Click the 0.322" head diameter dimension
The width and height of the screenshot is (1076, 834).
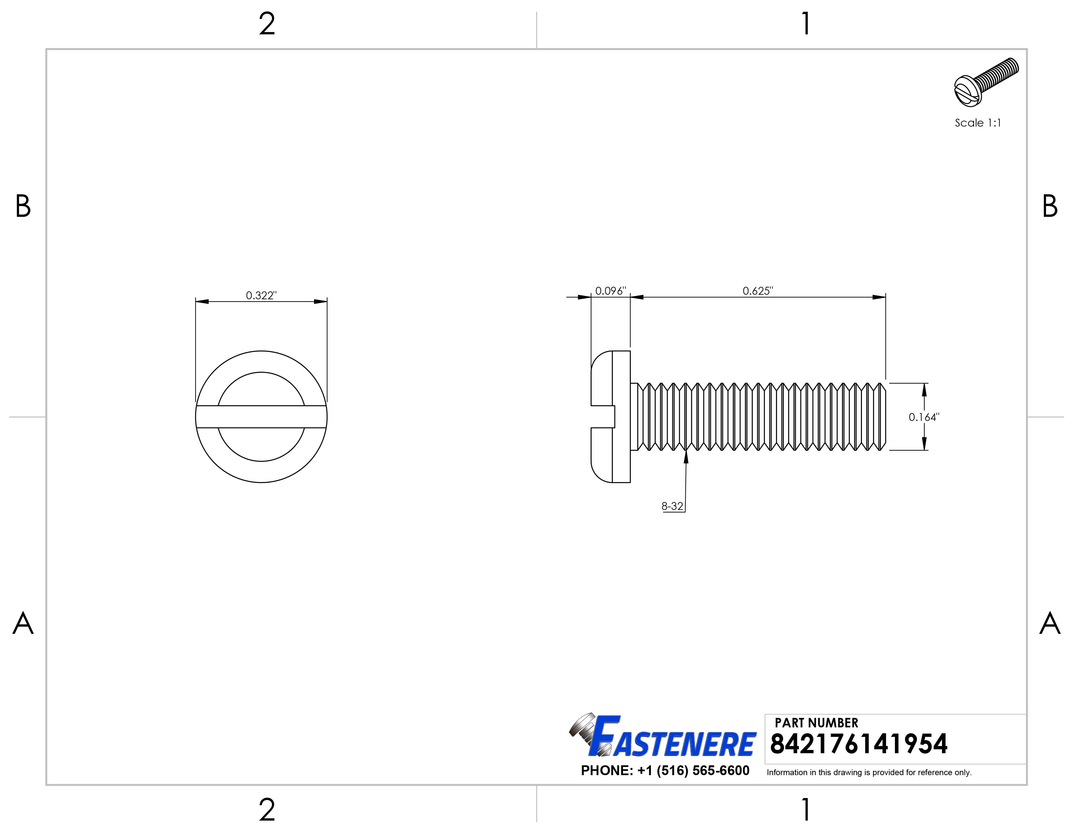pos(261,295)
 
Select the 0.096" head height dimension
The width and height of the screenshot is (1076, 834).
pos(611,291)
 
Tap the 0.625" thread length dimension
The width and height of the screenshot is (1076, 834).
pos(758,291)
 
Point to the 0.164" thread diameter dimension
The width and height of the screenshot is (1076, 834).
pos(924,417)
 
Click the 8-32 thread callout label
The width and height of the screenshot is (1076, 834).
pos(672,506)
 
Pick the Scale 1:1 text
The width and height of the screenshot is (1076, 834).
pos(978,123)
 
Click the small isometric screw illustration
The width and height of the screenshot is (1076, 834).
pos(986,81)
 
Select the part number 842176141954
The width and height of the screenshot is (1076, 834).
pos(858,744)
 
